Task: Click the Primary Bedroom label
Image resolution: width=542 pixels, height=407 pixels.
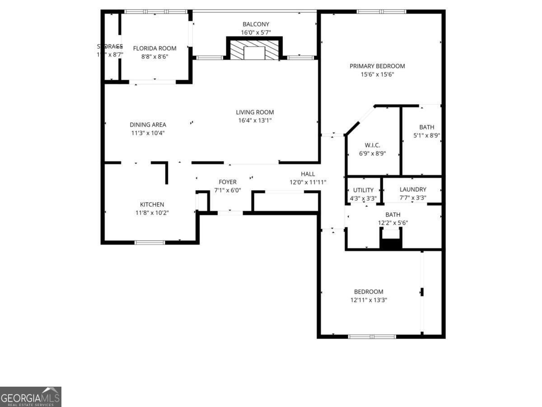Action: click(x=377, y=66)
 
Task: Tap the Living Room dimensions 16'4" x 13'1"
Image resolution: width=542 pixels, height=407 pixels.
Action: click(x=255, y=120)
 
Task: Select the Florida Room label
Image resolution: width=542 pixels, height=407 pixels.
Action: click(x=154, y=48)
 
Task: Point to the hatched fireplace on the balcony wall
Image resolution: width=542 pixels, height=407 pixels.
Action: click(x=254, y=50)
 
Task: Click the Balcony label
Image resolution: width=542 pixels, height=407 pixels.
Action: click(x=256, y=24)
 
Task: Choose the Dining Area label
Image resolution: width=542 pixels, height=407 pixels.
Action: click(x=148, y=125)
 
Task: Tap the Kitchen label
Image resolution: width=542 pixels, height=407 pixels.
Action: click(x=152, y=204)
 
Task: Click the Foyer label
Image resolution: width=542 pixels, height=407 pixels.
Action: click(x=228, y=182)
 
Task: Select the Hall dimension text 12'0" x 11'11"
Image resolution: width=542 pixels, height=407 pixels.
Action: click(x=308, y=182)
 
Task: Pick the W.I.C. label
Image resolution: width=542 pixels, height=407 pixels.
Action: click(x=373, y=145)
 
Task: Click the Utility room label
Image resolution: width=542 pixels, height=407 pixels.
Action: click(x=363, y=190)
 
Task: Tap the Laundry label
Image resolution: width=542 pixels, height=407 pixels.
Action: click(x=413, y=189)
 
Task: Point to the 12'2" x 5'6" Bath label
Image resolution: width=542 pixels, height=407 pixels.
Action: click(x=392, y=214)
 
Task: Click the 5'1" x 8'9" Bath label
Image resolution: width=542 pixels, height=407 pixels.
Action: click(x=426, y=128)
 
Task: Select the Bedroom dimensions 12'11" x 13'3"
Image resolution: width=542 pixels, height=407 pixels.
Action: click(x=369, y=300)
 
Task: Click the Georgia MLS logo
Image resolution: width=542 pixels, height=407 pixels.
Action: click(x=30, y=397)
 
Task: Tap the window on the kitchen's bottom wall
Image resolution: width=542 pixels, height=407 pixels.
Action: click(x=150, y=242)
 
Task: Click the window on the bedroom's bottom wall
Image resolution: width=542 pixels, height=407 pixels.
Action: click(x=372, y=336)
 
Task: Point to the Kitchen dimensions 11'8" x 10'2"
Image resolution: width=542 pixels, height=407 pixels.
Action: click(x=152, y=213)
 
